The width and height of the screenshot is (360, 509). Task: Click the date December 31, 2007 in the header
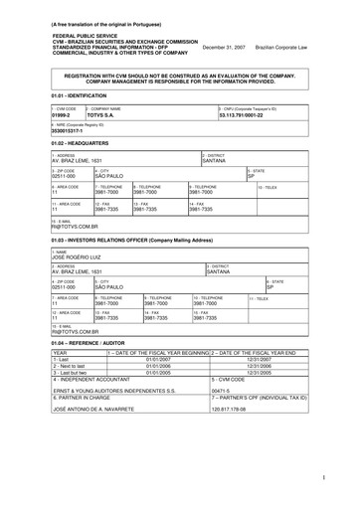(225, 47)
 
